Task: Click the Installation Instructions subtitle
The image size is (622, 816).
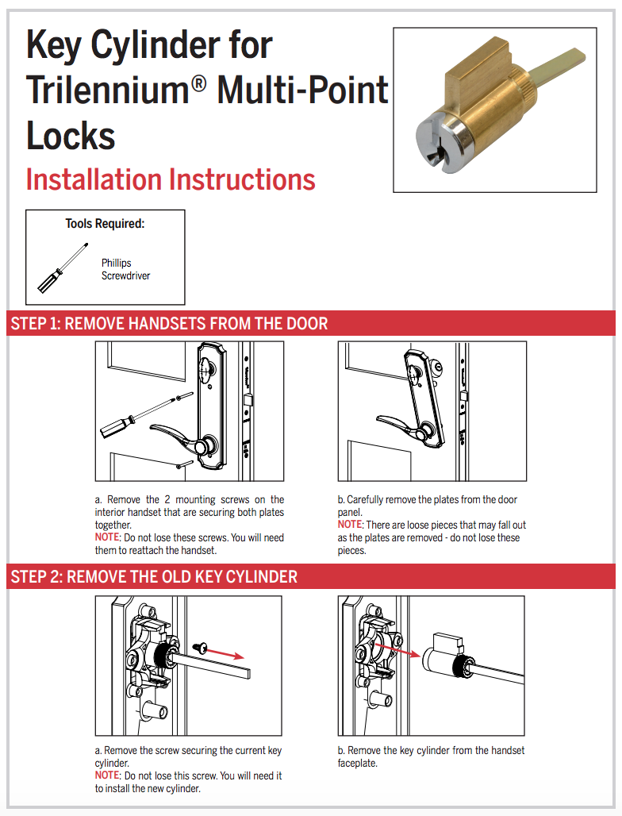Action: pyautogui.click(x=171, y=179)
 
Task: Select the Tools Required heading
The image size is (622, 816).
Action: pyautogui.click(x=105, y=224)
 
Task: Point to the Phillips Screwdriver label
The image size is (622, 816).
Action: pyautogui.click(x=125, y=269)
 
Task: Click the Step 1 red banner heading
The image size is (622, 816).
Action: pyautogui.click(x=169, y=324)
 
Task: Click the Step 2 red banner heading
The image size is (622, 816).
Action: pyautogui.click(x=154, y=576)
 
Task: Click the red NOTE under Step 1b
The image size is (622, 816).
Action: pyautogui.click(x=349, y=525)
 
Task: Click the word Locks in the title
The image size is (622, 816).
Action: pyautogui.click(x=71, y=136)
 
